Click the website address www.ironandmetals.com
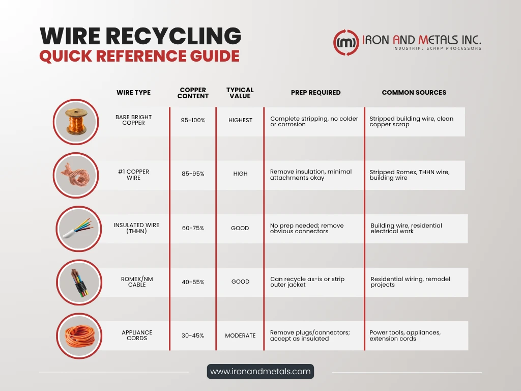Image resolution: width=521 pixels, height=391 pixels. [x=260, y=371]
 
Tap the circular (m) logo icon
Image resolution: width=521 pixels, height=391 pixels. [x=346, y=42]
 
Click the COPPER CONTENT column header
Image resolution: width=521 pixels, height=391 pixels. [x=193, y=93]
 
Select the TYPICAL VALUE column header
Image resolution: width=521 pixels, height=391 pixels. [x=240, y=93]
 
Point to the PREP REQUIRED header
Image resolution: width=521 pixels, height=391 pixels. [x=315, y=93]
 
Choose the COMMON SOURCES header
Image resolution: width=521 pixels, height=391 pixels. [x=414, y=93]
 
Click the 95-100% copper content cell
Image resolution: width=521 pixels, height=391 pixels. [x=193, y=120]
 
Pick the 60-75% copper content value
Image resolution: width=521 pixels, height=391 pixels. [x=193, y=228]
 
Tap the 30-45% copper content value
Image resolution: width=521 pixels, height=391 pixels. [x=193, y=336]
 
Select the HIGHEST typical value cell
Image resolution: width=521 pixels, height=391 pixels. [x=240, y=120]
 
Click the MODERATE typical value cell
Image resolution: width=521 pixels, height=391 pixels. [x=240, y=336]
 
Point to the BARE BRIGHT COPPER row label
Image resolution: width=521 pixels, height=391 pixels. [x=134, y=120]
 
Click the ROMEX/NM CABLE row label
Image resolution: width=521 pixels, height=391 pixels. [x=137, y=282]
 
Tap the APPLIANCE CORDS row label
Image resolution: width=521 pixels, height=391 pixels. [x=137, y=335]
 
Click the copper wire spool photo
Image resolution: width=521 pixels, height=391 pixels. [x=76, y=122]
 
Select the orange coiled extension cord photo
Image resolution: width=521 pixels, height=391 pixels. [x=79, y=336]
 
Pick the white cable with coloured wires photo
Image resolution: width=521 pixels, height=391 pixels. [x=79, y=229]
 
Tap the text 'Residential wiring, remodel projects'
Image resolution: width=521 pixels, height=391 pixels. [x=411, y=282]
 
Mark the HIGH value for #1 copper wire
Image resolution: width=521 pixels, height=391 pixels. [x=240, y=174]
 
